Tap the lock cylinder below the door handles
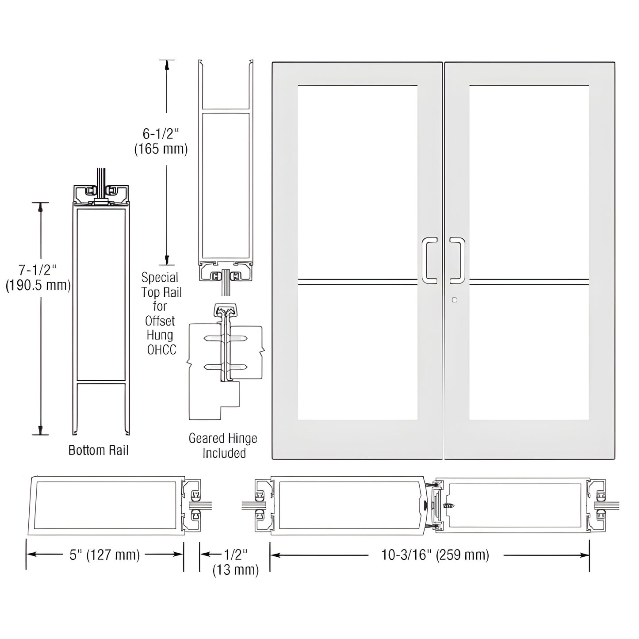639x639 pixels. [455, 300]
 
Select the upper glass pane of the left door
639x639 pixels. [357, 181]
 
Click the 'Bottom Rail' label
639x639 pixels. [98, 450]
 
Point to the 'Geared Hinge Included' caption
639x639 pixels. [223, 446]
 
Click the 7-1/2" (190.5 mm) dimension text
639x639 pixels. [38, 277]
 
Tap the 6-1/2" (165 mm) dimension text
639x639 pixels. [161, 141]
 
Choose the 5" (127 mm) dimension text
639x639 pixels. [105, 555]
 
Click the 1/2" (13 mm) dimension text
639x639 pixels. [235, 562]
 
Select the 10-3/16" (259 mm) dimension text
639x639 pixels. [435, 555]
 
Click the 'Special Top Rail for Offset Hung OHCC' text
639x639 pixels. [161, 314]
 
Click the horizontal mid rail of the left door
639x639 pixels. [357, 280]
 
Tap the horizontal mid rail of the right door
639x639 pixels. [529, 280]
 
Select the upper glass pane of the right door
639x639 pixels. [529, 181]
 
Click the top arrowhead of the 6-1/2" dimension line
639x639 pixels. [167, 65]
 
